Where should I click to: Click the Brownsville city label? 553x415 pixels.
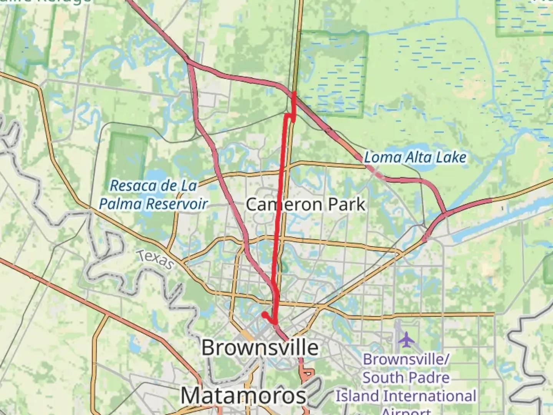(x=260, y=348)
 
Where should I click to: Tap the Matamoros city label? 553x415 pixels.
(x=243, y=395)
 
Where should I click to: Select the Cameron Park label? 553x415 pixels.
(x=305, y=204)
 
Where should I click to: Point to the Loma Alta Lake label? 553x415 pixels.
(x=415, y=157)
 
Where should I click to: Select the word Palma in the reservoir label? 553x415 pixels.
(x=121, y=204)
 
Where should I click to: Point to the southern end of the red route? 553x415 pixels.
(x=265, y=315)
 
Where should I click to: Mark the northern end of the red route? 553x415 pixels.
(x=294, y=92)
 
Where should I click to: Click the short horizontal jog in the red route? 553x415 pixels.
(x=290, y=115)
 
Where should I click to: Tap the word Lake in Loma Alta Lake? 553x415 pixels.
(x=453, y=157)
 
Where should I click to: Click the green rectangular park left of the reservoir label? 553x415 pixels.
(x=127, y=158)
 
